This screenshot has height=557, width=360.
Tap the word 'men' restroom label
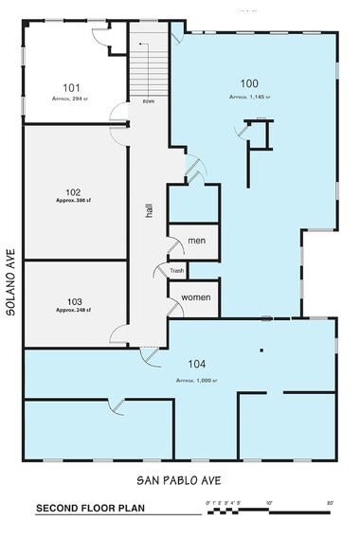197,242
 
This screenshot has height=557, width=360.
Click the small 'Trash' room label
176,271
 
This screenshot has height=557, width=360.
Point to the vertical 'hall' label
149,210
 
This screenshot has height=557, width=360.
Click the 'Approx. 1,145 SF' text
248,98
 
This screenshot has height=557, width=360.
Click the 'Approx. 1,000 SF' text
196,379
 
